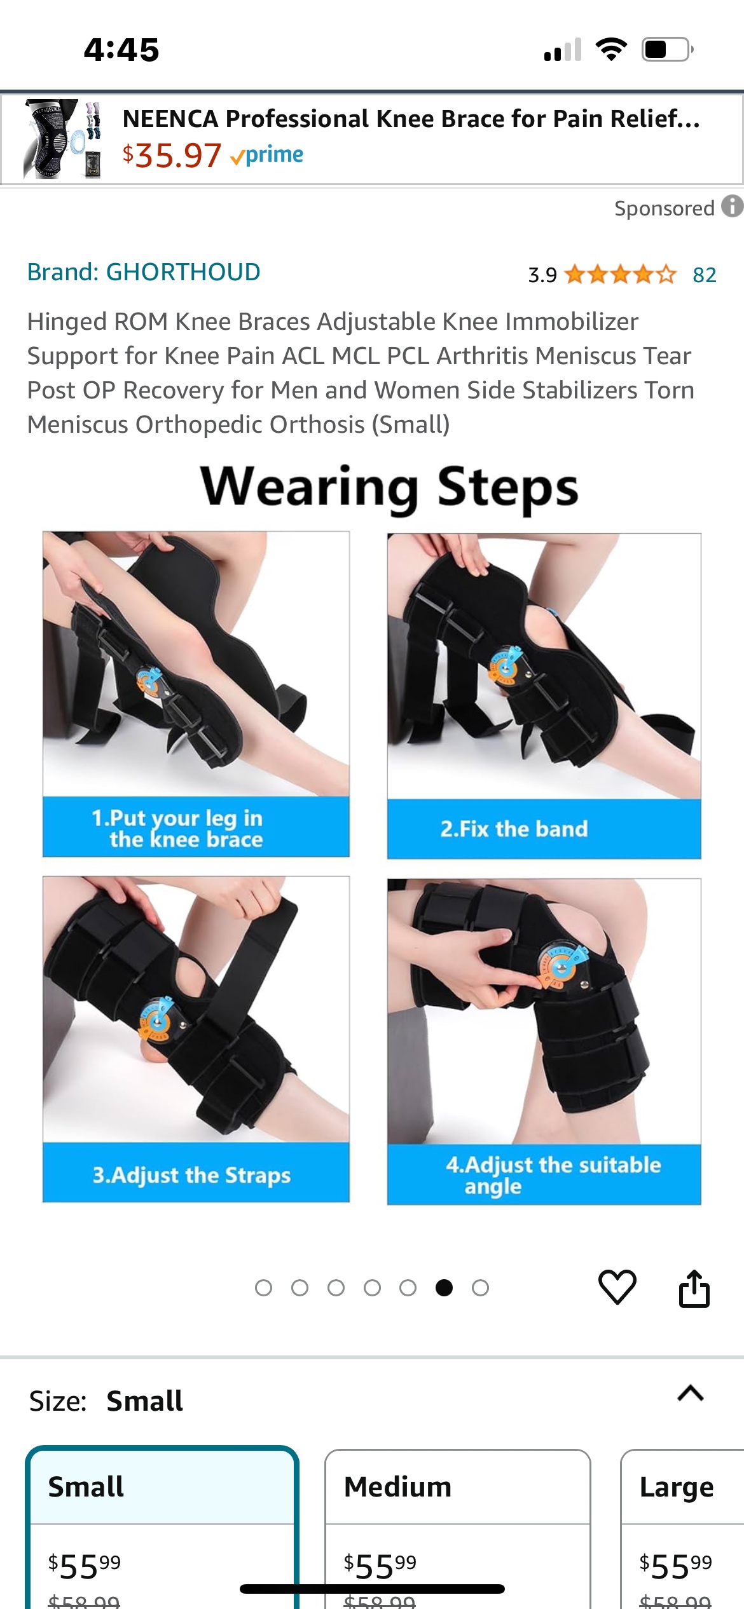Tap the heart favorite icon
pyautogui.click(x=617, y=1287)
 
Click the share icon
pyautogui.click(x=694, y=1289)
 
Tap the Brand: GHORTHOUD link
pyautogui.click(x=144, y=272)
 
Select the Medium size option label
pyautogui.click(x=397, y=1487)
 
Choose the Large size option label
pyautogui.click(x=677, y=1487)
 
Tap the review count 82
pyautogui.click(x=705, y=275)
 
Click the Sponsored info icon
pyautogui.click(x=732, y=207)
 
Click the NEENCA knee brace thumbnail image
pyautogui.click(x=62, y=139)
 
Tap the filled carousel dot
pyautogui.click(x=444, y=1287)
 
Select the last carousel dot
pyautogui.click(x=480, y=1287)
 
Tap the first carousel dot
pyautogui.click(x=263, y=1287)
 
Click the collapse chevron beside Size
pyautogui.click(x=691, y=1393)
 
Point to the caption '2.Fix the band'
pyautogui.click(x=514, y=829)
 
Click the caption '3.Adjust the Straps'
pyautogui.click(x=191, y=1175)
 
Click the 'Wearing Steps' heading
pyautogui.click(x=389, y=487)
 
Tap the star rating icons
pyautogui.click(x=620, y=275)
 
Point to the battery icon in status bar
pyautogui.click(x=666, y=50)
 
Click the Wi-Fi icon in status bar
pyautogui.click(x=611, y=50)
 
